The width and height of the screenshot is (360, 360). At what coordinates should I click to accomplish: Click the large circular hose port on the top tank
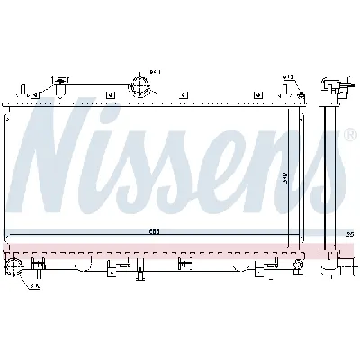coord(139,86)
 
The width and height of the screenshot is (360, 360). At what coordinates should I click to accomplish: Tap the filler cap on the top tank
coord(60,80)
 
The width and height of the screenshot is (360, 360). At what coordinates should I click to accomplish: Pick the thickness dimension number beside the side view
coord(350,234)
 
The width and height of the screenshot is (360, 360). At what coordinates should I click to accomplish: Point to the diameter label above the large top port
coord(154,71)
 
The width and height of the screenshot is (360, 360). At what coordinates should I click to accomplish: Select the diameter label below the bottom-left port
coord(34,287)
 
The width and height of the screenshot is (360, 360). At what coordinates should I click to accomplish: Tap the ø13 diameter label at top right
coord(287,77)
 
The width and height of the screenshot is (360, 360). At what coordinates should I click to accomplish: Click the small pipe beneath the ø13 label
coord(289,87)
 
